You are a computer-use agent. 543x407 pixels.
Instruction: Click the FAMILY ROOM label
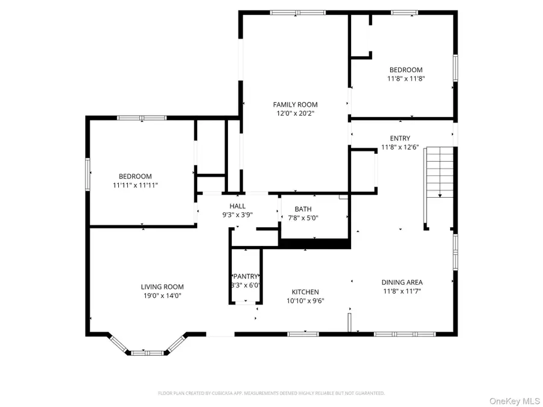pyautogui.click(x=295, y=104)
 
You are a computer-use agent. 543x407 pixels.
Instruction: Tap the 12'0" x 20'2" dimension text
pyautogui.click(x=295, y=113)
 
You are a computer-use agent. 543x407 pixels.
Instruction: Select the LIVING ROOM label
pyautogui.click(x=162, y=287)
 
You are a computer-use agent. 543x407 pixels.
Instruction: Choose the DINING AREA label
pyautogui.click(x=402, y=282)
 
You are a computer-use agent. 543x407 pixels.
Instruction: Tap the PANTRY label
pyautogui.click(x=246, y=276)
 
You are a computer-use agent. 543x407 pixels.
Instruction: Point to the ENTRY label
pyautogui.click(x=400, y=138)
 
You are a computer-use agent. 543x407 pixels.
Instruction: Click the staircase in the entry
pyautogui.click(x=439, y=172)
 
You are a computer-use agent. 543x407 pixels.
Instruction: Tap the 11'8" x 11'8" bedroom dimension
pyautogui.click(x=405, y=78)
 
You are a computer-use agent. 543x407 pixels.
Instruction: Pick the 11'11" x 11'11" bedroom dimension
pyautogui.click(x=135, y=185)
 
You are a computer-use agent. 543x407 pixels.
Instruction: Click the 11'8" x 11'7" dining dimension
pyautogui.click(x=402, y=291)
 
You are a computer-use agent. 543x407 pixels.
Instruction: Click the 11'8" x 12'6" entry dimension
pyautogui.click(x=400, y=147)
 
